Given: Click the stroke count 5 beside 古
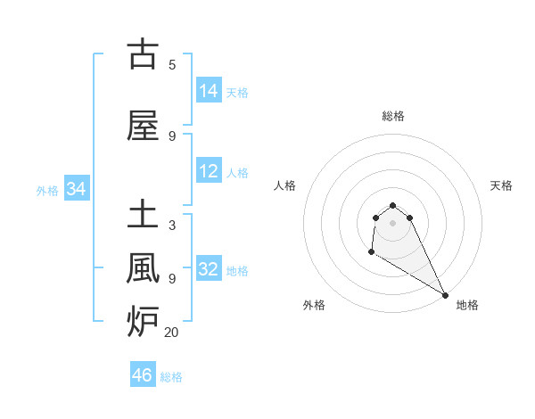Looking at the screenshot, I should click(x=172, y=64).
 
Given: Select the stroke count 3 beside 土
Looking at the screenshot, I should click(x=172, y=226).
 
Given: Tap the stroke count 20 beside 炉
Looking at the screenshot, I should click(x=172, y=333).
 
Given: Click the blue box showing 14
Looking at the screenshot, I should click(x=209, y=91).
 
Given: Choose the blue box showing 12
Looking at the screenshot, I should click(x=209, y=171).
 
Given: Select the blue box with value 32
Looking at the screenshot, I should click(x=209, y=269).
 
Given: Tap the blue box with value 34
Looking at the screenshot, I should click(x=77, y=189).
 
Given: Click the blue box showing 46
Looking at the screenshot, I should click(x=143, y=375).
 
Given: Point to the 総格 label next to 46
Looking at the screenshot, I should click(x=171, y=377).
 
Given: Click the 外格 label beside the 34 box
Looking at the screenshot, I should click(x=47, y=190).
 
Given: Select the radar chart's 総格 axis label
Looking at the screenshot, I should click(x=393, y=116).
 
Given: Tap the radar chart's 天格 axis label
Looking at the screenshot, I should click(x=501, y=185).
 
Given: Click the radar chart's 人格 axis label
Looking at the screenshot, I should click(x=284, y=185).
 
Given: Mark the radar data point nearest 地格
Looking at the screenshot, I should click(x=446, y=296).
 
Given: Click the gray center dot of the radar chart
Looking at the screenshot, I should click(x=392, y=223).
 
